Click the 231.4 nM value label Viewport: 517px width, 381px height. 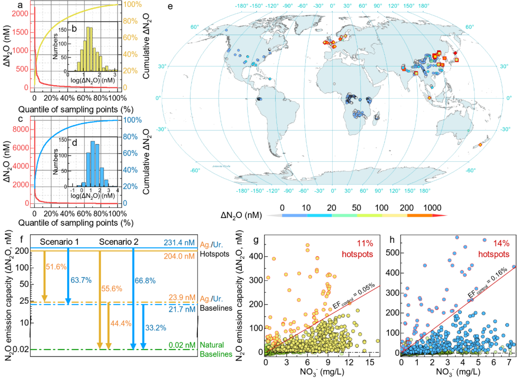coord(179,243)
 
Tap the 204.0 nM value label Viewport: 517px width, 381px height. coord(179,256)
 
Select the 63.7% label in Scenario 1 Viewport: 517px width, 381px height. coord(81,280)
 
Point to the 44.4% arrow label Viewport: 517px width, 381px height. coord(121,323)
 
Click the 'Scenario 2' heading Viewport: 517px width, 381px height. coord(119,242)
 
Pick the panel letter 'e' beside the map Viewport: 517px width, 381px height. coord(170,6)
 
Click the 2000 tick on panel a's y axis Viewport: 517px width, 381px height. coord(20,13)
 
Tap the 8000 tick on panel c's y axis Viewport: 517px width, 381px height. coord(21,129)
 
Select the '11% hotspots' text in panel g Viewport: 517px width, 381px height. coord(358,249)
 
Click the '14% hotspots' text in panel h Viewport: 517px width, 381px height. coord(494,249)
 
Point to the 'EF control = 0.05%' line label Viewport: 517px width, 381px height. coord(354,296)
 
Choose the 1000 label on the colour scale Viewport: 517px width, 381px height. coord(432,208)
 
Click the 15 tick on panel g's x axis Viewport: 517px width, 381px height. coord(370,362)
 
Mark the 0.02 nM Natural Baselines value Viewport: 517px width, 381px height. coord(182,345)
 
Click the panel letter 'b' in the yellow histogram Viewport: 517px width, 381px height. coord(74,29)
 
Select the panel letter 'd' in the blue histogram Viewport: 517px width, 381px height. coord(75,143)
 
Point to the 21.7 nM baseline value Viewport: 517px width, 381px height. coord(182,309)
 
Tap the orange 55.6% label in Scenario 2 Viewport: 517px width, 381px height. coord(111,289)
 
